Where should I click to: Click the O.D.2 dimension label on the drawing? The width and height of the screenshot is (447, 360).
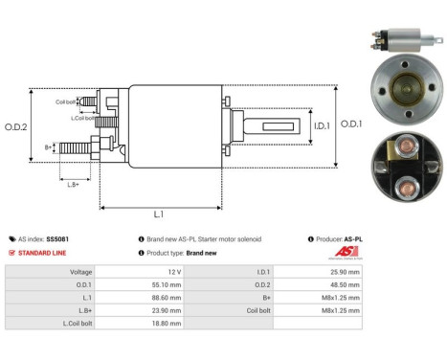click(16, 126)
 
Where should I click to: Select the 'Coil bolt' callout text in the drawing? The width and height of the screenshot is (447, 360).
click(66, 101)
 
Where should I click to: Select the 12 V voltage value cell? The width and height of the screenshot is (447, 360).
click(203, 272)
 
